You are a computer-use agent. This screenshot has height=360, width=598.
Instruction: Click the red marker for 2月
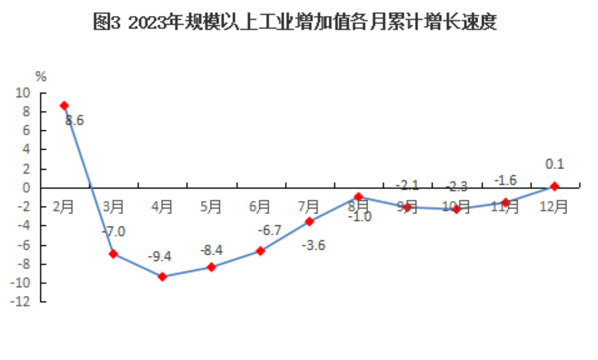pos(64,106)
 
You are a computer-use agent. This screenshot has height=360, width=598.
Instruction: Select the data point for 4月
pos(162,276)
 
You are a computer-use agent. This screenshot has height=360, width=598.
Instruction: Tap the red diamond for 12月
pos(554,187)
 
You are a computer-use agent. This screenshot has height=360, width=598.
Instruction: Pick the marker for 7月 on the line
pos(309,222)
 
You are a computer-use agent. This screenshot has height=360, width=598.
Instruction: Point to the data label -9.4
pos(159,256)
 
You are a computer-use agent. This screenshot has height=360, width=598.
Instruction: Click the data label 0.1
pos(555,164)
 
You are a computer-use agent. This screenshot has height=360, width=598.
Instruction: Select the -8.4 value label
pos(211,250)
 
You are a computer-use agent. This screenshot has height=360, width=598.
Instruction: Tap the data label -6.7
pos(269,230)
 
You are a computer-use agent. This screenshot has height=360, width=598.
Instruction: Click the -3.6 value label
pos(313,245)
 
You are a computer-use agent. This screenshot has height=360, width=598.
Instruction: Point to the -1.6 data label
pos(505,180)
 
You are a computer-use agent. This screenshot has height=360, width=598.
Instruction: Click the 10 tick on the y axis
pos(23,92)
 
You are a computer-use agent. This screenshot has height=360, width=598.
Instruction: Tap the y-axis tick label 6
pos(27,130)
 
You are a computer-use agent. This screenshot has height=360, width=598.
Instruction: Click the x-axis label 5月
pos(211,206)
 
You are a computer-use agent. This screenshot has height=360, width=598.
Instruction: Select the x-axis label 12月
pos(553,206)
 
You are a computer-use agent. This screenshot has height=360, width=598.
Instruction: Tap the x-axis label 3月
pos(113,206)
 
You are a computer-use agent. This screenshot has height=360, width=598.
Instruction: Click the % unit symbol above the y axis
pos(40,77)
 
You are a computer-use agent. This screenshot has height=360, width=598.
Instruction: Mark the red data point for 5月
pos(211,267)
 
